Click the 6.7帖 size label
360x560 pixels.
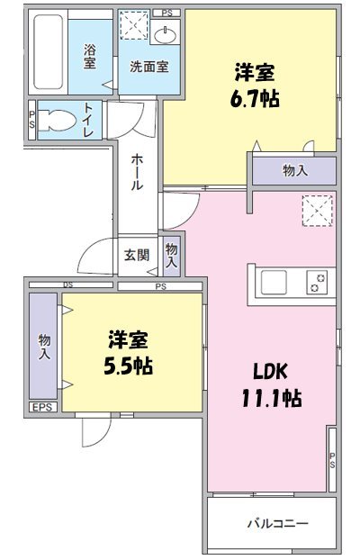click(x=256, y=97)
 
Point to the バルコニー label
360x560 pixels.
click(x=278, y=523)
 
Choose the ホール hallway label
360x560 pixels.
click(x=137, y=170)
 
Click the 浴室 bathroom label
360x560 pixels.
click(x=90, y=57)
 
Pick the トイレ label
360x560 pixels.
click(x=90, y=121)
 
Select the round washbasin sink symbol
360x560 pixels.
click(x=166, y=35)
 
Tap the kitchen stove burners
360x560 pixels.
click(x=316, y=283)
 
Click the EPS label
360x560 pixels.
click(x=42, y=408)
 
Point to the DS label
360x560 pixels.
click(x=67, y=285)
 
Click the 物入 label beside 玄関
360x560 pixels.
click(x=172, y=255)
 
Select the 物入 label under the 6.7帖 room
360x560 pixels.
click(x=293, y=170)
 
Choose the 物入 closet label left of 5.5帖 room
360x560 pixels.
click(x=44, y=346)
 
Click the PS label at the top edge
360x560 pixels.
click(x=166, y=13)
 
